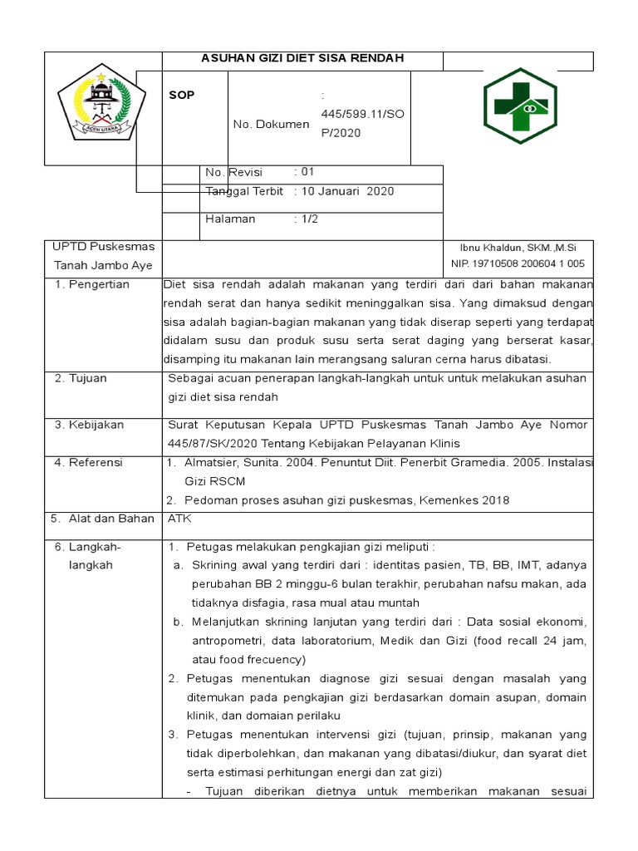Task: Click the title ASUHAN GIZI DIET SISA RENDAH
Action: (302, 58)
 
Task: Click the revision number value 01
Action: (307, 172)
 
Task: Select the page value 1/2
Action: (310, 219)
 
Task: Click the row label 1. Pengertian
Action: (91, 284)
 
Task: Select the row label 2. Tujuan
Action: (81, 378)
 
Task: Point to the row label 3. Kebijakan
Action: (89, 425)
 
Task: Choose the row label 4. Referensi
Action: (88, 462)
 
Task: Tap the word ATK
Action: (179, 519)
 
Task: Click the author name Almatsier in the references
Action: (213, 462)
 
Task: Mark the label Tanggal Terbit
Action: (243, 191)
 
